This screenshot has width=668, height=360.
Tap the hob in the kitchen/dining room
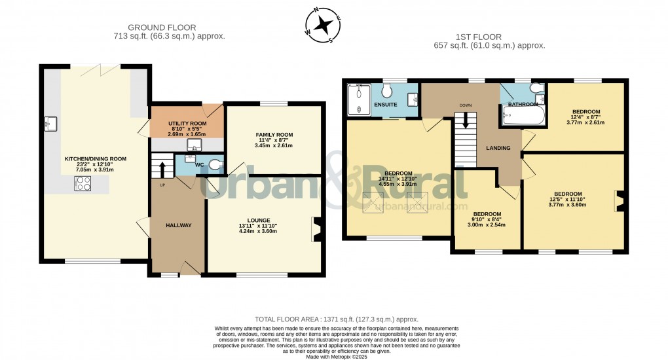click(x=83, y=184)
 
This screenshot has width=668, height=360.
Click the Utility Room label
click(x=187, y=123)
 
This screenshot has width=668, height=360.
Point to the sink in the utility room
click(x=194, y=145)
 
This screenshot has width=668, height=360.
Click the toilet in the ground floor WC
click(x=216, y=165)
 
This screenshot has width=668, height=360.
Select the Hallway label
click(x=178, y=225)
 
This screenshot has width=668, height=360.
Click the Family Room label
click(x=274, y=135)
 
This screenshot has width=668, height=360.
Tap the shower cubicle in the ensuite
click(x=358, y=99)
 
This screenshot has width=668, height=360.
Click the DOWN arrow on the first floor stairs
click(x=466, y=120)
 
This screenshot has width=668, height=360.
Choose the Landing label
click(x=498, y=148)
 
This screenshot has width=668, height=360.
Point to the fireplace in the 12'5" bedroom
click(x=619, y=200)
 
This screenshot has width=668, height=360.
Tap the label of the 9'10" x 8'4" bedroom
click(x=487, y=214)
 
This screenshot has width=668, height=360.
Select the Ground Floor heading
click(x=161, y=27)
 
